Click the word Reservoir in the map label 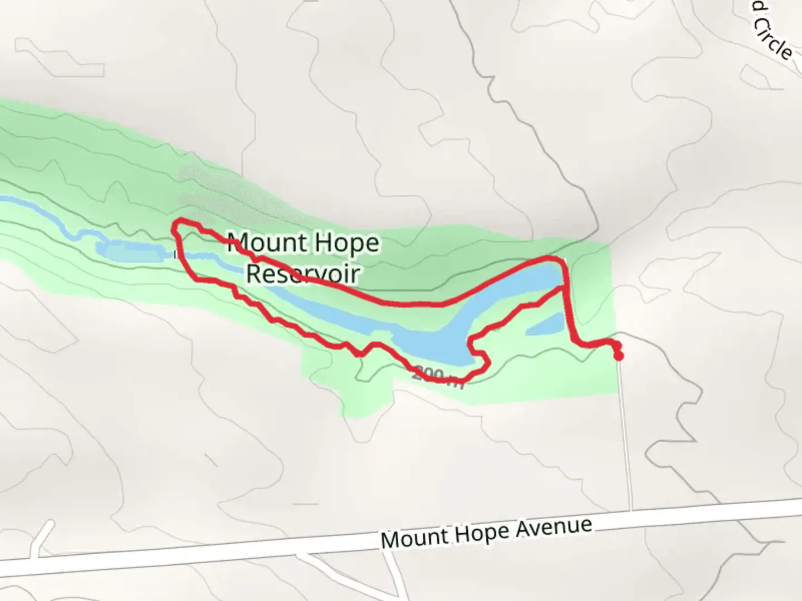pos(303,273)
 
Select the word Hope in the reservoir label pos(346,243)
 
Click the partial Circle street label pos(773,35)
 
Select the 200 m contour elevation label pos(438,376)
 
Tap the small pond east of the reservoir pos(545,325)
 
